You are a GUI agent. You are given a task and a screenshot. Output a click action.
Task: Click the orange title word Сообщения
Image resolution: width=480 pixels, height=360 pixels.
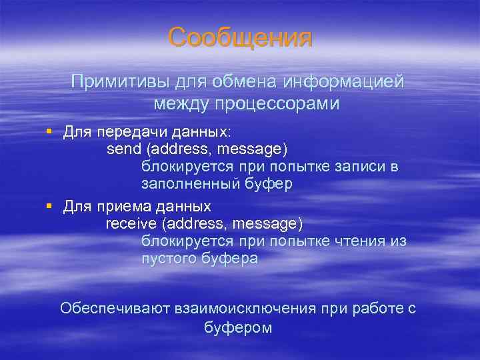239,37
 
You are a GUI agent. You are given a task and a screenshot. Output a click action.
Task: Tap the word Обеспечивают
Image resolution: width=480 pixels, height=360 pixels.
115,308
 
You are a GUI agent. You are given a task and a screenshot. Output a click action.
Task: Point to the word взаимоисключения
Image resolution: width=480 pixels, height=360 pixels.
245,308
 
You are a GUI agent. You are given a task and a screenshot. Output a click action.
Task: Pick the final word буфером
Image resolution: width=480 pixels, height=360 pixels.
239,328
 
